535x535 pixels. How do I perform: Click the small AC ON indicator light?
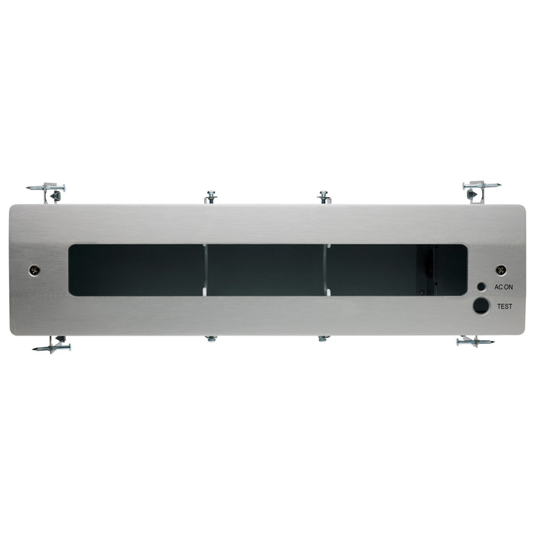coord(481,287)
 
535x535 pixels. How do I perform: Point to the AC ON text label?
coord(504,287)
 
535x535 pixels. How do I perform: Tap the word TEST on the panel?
coord(504,306)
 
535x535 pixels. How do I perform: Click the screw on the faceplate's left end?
coord(34,270)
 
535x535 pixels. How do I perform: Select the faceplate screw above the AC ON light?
coord(501,270)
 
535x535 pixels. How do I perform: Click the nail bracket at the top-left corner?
coord(47,190)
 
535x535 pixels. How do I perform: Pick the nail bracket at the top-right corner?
coord(479,188)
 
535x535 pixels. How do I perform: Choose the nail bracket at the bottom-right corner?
coord(474,342)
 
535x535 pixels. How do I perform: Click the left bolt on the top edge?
coord(211,197)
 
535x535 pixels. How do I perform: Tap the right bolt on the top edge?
coord(324,197)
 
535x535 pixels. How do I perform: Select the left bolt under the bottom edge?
coord(211,338)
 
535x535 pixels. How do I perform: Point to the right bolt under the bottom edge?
coord(324,338)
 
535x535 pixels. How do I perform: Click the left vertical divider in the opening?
coord(206,268)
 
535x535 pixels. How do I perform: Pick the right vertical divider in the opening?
coord(327,268)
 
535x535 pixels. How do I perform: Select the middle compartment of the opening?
coord(266,270)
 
